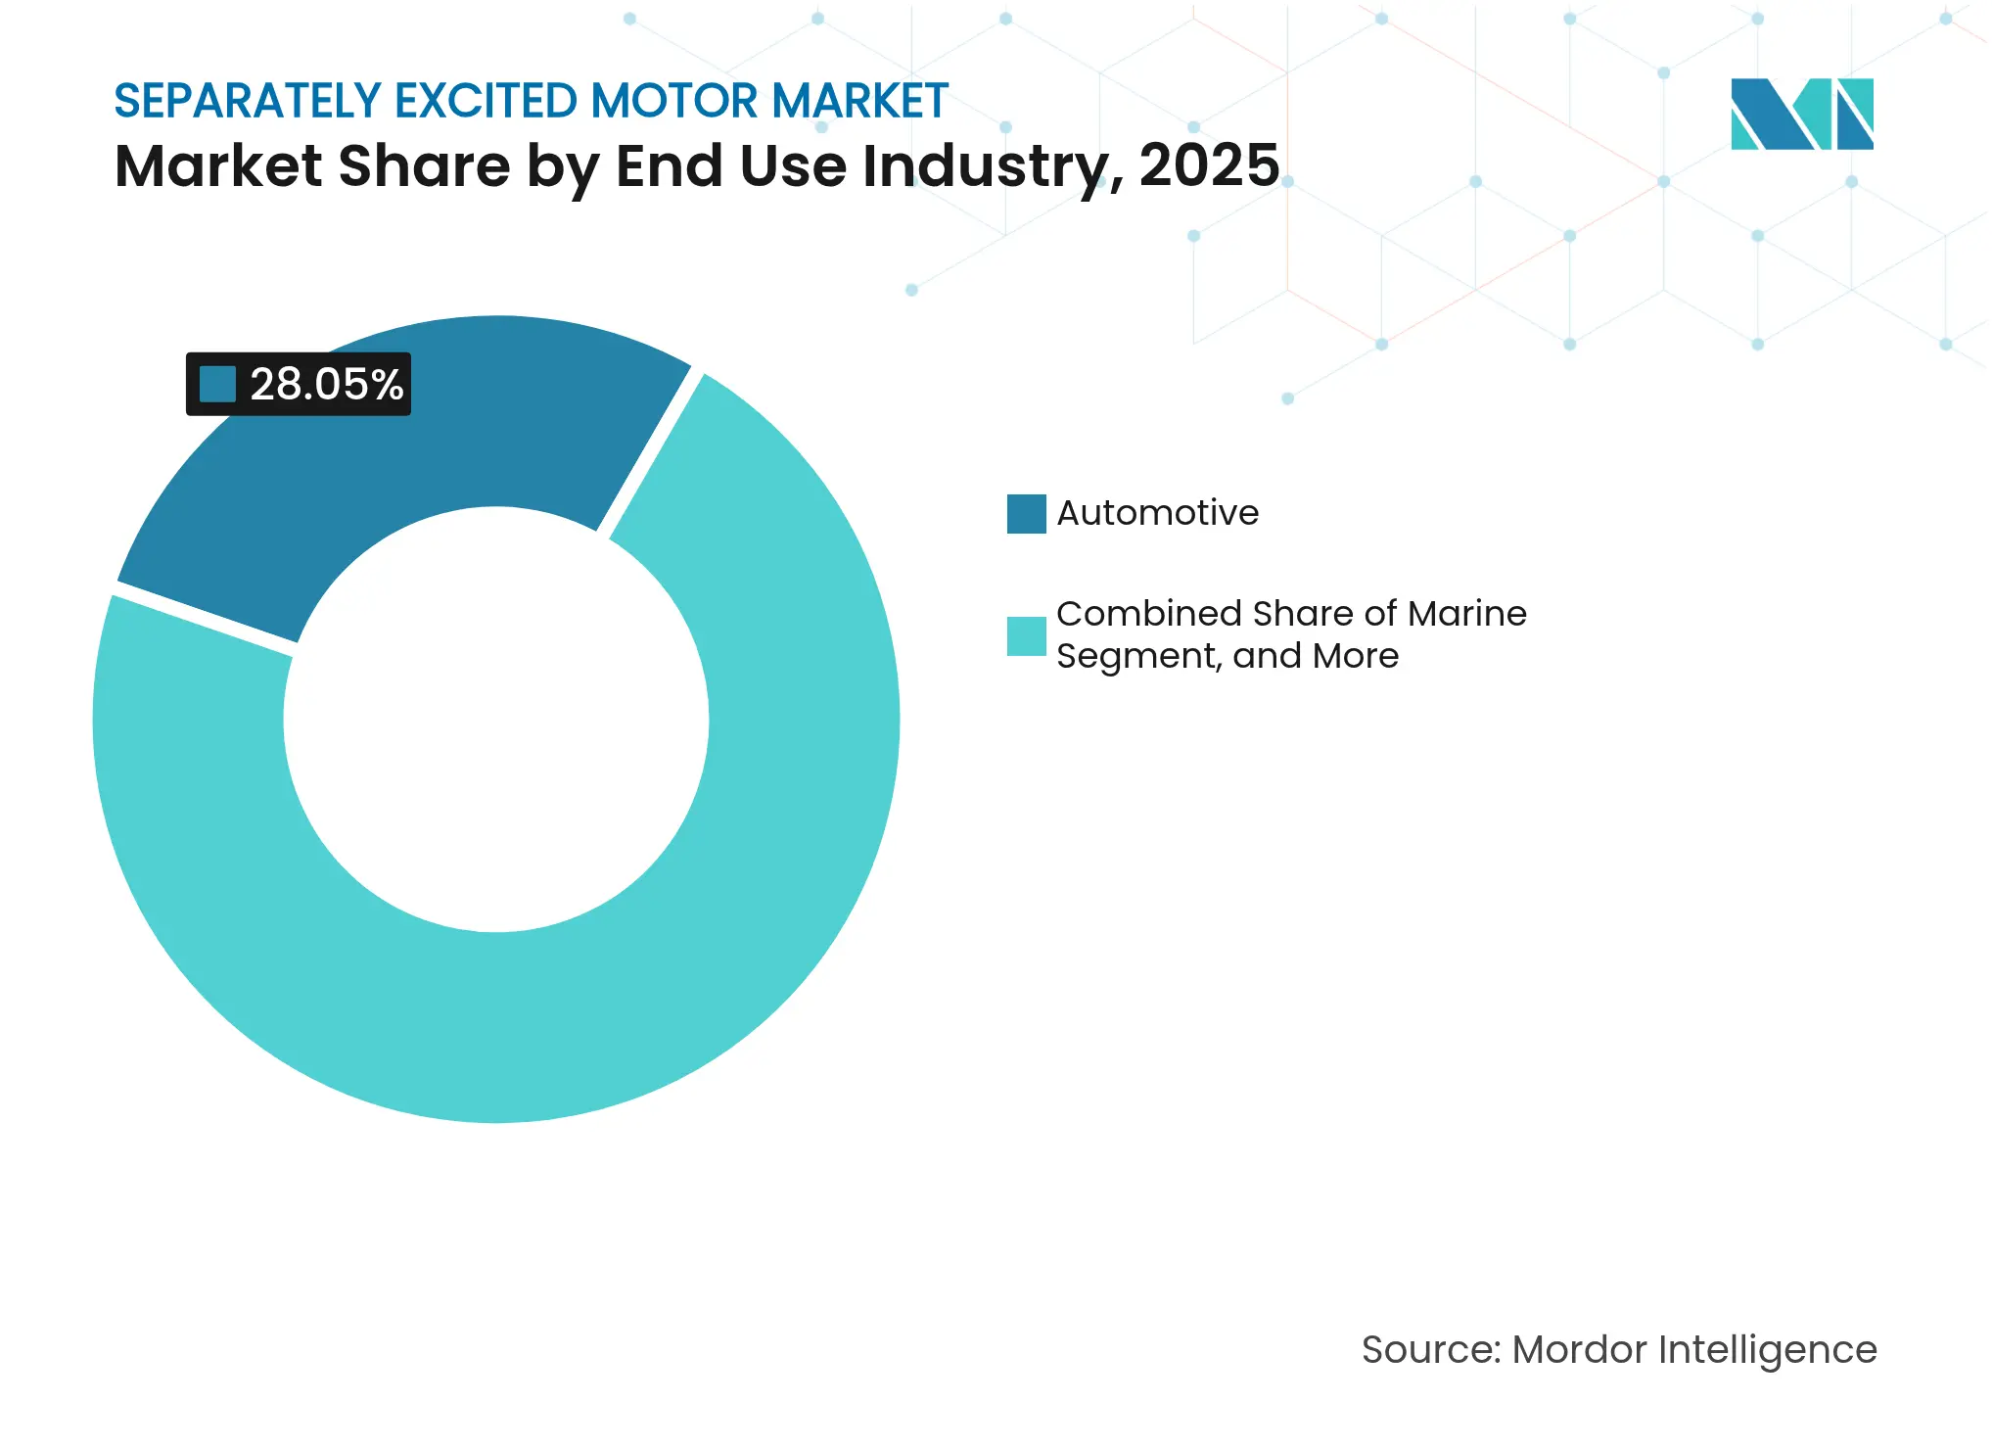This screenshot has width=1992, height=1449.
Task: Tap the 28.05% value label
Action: (326, 385)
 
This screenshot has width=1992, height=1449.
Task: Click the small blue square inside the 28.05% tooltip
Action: (217, 384)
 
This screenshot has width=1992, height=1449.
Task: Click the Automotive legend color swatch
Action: (1026, 514)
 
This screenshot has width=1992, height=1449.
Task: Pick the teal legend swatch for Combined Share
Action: (1026, 636)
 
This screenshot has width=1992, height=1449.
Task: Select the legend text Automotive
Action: (1157, 513)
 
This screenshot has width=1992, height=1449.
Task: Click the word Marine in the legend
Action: (1466, 614)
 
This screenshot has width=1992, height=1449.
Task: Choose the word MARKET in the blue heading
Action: (859, 101)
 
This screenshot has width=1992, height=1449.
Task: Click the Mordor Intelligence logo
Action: (1801, 115)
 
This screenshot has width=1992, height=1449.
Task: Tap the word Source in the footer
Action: (1429, 1350)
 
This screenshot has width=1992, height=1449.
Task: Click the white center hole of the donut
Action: (496, 720)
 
